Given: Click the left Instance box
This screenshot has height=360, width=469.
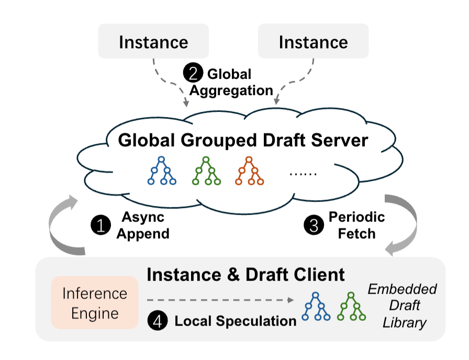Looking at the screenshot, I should (x=153, y=41).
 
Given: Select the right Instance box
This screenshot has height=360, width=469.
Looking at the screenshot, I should (x=313, y=41).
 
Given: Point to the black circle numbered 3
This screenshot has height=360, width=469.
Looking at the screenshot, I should (x=312, y=225).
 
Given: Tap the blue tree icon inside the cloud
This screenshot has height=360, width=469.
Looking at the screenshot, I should (x=162, y=171).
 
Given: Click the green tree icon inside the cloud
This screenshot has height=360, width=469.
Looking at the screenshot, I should (x=206, y=171).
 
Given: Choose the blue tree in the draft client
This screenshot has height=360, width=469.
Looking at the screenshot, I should (x=316, y=307).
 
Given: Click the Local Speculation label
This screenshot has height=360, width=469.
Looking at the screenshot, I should (x=235, y=321).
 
